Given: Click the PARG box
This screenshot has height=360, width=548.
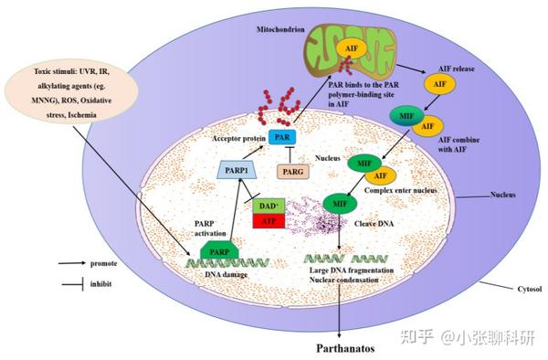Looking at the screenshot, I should click(x=293, y=170).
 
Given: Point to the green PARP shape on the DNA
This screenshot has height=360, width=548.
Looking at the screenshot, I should click(x=217, y=249).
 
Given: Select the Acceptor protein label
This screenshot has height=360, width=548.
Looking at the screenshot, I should click(x=236, y=137).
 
